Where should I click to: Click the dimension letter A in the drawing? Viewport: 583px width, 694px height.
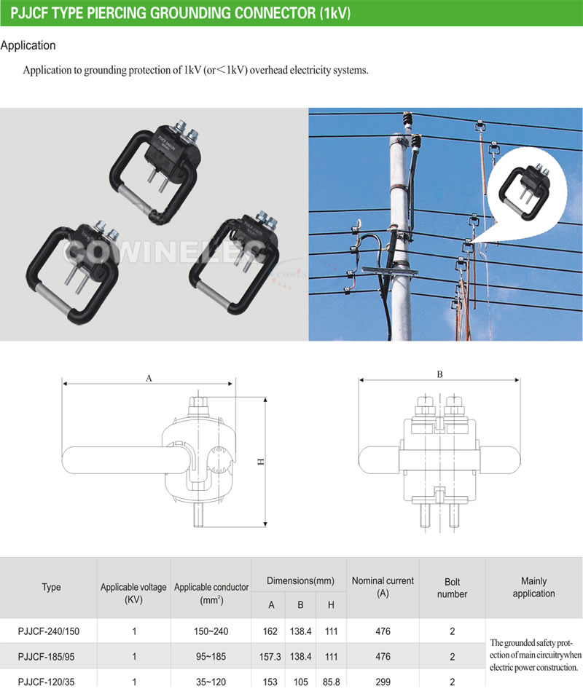tap(149, 378)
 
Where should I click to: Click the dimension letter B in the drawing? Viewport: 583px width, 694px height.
tap(439, 374)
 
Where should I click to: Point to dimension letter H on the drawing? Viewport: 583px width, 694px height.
tap(259, 462)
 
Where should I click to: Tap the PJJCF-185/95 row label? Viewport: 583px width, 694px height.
tap(49, 657)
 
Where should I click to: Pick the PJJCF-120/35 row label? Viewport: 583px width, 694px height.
tap(49, 682)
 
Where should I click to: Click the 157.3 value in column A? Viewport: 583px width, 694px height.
tap(270, 657)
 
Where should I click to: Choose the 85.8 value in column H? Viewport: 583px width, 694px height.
tap(331, 682)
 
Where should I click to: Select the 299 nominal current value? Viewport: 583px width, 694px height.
tap(383, 682)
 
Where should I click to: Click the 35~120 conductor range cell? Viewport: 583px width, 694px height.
tap(211, 682)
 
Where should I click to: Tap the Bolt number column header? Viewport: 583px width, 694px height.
tap(452, 588)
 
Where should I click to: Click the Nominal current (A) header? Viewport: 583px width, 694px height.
tap(383, 587)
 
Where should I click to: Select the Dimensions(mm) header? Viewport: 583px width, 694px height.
tap(300, 581)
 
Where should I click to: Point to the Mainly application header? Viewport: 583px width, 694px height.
tap(533, 587)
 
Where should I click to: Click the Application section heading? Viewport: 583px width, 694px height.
tap(28, 45)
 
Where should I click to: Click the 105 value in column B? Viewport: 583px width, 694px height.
tap(300, 682)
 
